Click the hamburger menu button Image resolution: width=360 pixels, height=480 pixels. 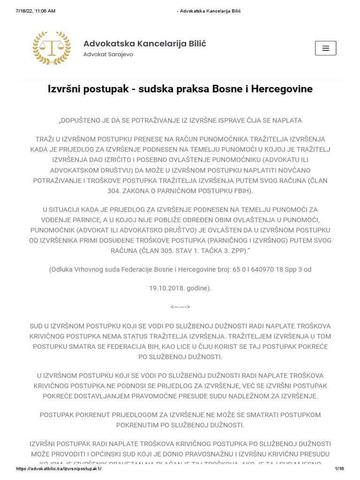click(325, 48)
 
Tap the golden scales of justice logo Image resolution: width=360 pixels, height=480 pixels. click(52, 48)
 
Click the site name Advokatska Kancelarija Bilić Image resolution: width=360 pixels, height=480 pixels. click(144, 44)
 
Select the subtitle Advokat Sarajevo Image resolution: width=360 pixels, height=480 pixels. click(108, 54)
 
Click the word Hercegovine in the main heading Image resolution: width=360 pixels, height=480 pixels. click(282, 89)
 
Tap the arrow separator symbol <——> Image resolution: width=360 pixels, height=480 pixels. click(180, 307)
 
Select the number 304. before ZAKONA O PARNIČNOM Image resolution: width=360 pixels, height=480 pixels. click(114, 191)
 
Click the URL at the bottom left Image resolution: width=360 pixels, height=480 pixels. click(59, 469)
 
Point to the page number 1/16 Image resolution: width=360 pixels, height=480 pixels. click(339, 469)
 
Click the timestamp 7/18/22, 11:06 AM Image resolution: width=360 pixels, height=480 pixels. click(35, 11)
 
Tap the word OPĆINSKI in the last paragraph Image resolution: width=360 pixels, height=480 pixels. click(105, 454)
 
